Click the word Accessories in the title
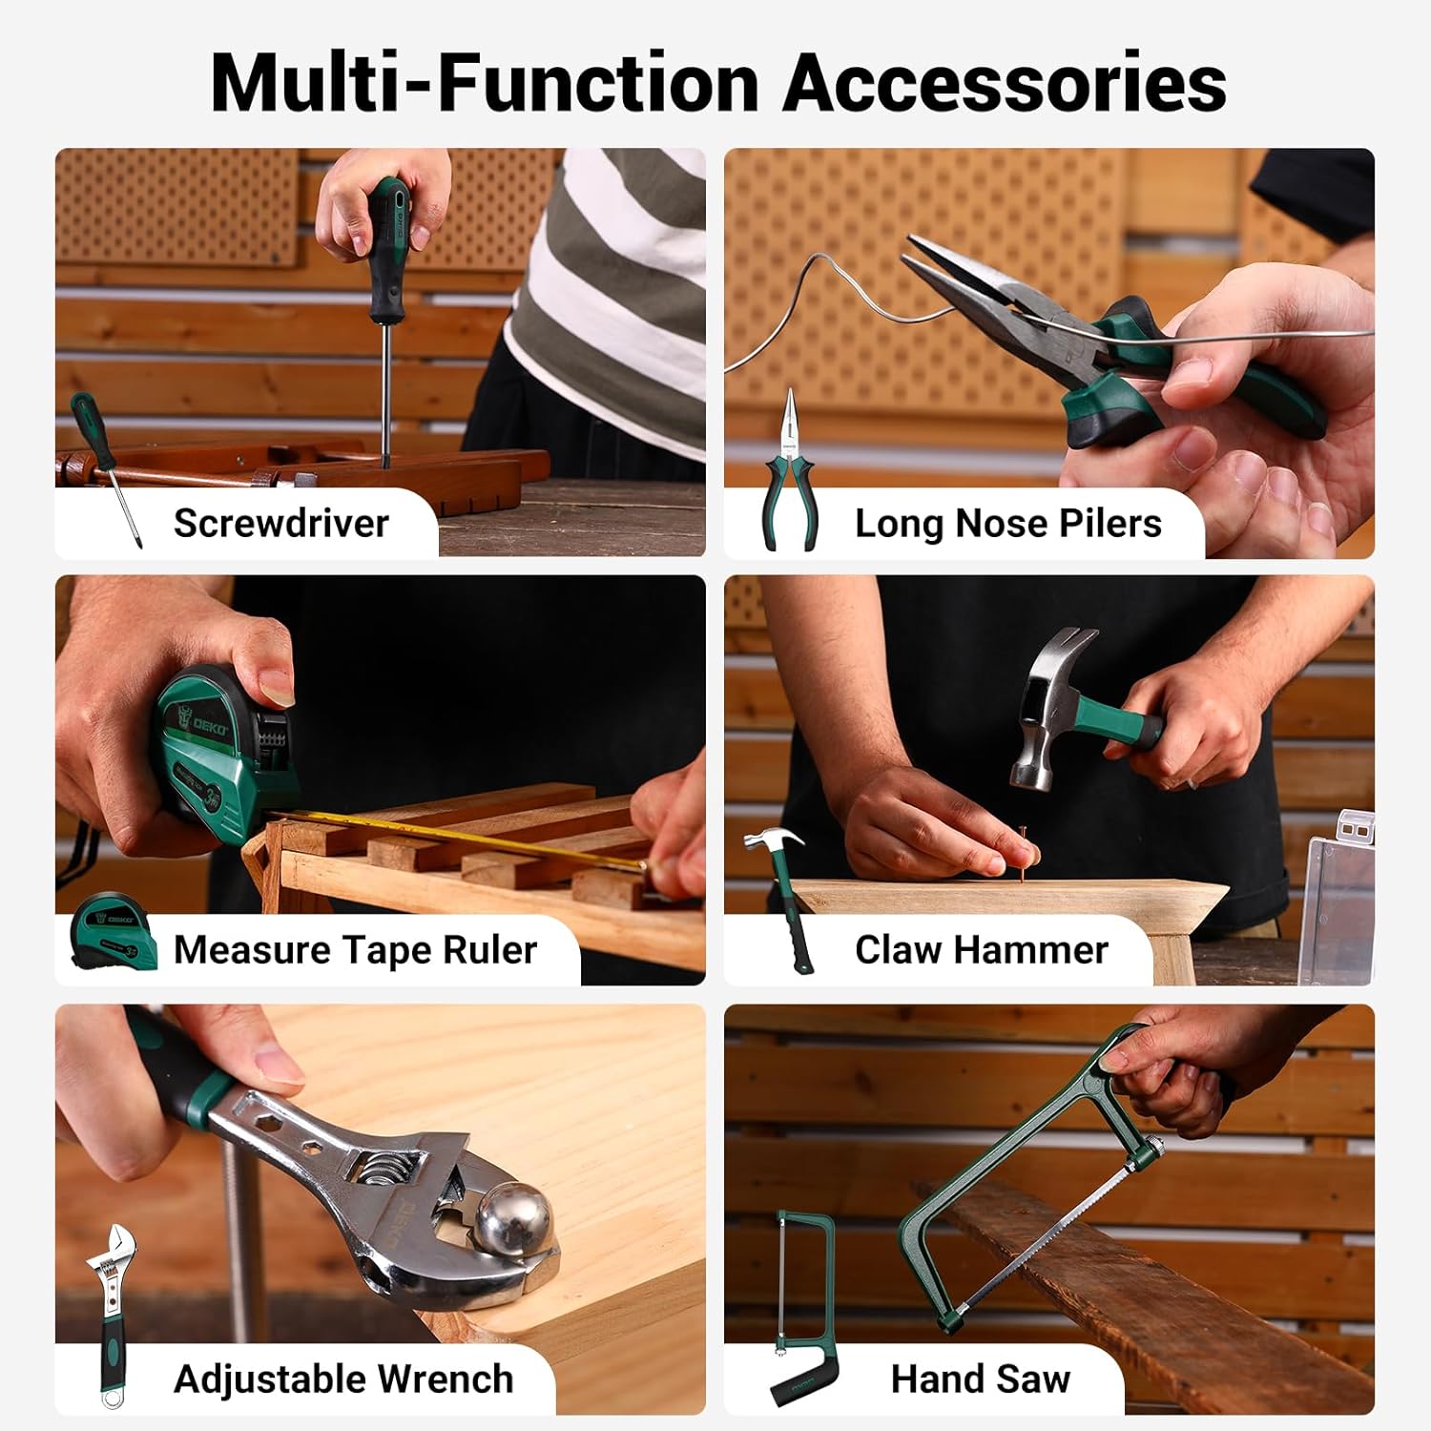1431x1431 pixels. coord(1005,83)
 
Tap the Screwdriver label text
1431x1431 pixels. coord(281,523)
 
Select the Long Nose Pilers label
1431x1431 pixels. coord(1008,523)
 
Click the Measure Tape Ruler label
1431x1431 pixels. coord(355,950)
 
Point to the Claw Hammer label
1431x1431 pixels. coord(982,950)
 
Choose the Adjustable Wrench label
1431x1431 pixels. coord(343,1379)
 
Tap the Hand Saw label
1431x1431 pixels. coord(981,1379)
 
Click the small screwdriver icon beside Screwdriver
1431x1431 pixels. coord(105,467)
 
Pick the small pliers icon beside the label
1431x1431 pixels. coord(790,469)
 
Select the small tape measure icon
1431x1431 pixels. coord(113,931)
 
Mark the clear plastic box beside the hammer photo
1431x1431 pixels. coord(1339,897)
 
